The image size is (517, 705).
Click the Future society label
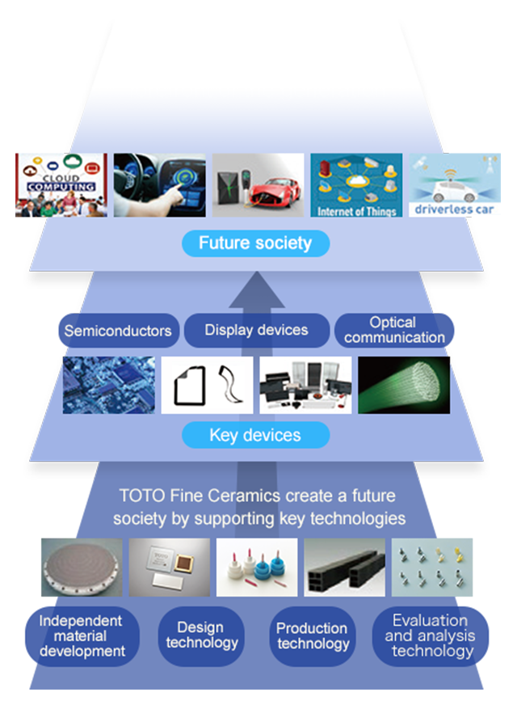coord(255,243)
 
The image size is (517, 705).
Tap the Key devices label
coord(255,435)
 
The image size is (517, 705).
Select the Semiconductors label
coord(118,331)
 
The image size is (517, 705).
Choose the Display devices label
coord(256,330)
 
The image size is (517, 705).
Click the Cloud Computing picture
coord(61,185)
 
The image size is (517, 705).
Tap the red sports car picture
coord(258,185)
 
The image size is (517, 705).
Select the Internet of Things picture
coord(356,185)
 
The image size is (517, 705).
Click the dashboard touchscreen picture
coord(159,185)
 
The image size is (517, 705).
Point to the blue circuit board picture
coord(109,385)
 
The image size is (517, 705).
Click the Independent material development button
coord(81,635)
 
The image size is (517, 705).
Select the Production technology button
coord(312,635)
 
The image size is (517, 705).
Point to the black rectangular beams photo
coord(344,567)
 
